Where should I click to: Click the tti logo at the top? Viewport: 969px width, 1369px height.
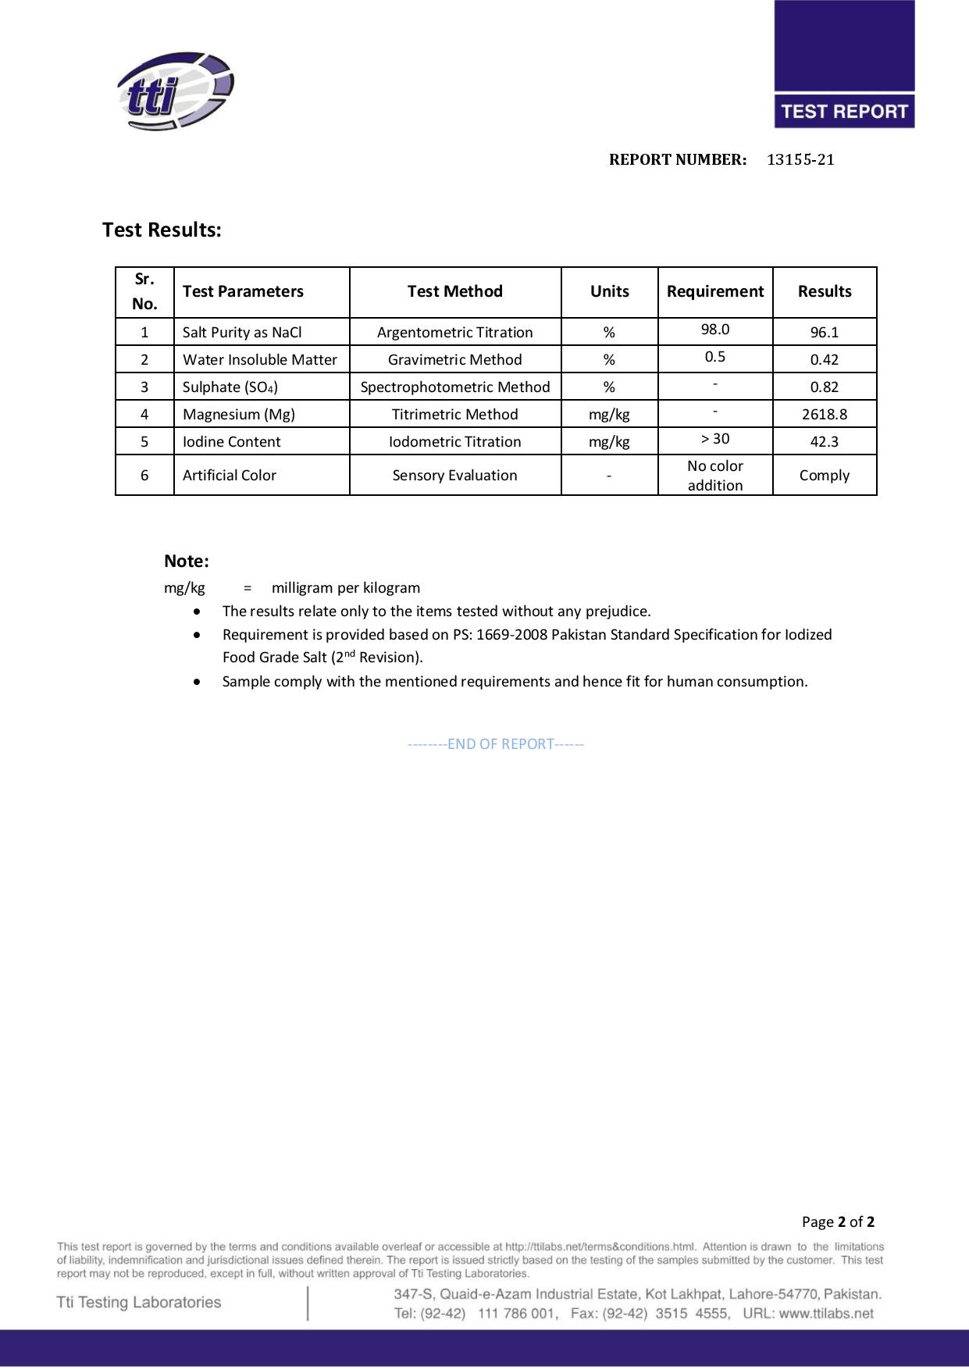point(176,91)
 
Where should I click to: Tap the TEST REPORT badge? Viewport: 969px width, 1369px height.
point(844,111)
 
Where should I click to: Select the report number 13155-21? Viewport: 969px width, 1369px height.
point(800,160)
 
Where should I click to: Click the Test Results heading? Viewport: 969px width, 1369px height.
point(162,230)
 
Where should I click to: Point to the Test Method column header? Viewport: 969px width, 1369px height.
point(454,291)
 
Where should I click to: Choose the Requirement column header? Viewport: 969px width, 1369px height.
point(714,291)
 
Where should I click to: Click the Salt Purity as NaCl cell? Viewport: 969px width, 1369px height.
point(242,333)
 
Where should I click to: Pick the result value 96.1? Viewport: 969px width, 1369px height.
point(824,333)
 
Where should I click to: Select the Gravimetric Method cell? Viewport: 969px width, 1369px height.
point(454,360)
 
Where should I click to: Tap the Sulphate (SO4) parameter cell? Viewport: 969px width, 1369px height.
point(230,387)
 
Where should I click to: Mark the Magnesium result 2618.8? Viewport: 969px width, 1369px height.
point(824,415)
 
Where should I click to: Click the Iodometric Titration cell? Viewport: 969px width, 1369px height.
point(454,442)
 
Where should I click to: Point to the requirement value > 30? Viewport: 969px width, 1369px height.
point(714,439)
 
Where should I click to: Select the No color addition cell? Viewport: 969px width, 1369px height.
point(714,476)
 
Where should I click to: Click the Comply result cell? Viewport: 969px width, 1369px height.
point(824,476)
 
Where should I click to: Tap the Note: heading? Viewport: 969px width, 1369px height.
point(187,562)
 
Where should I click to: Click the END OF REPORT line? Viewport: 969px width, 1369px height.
point(496,744)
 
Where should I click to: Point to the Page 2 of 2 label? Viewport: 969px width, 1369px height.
point(837,1222)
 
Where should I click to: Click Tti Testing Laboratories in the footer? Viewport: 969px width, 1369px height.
point(139,1302)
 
